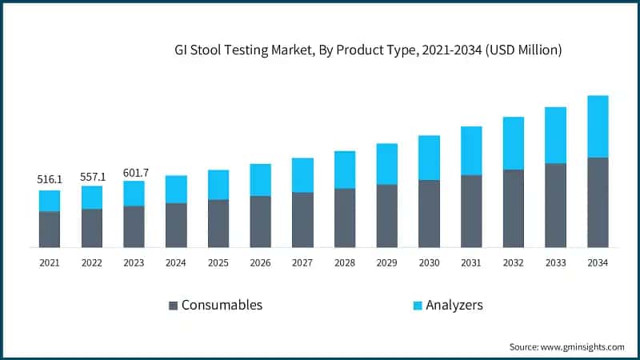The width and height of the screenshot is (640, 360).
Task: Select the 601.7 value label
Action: (134, 172)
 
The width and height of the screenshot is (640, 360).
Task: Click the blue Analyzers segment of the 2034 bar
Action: (598, 126)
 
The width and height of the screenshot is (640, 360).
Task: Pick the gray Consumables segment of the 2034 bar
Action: (598, 202)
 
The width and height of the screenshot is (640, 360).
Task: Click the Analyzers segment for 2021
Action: (50, 201)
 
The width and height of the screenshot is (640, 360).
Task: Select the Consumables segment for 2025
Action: (218, 223)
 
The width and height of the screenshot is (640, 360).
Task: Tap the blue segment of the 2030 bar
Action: (429, 158)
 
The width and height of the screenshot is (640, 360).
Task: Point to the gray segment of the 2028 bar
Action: (345, 218)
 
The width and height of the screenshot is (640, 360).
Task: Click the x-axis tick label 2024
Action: (176, 262)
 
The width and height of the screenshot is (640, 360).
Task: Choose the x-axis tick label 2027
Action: (302, 262)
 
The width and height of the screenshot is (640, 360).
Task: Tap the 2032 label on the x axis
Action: (513, 262)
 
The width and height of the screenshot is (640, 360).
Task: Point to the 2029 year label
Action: (386, 262)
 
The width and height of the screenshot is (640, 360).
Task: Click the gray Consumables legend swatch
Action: (173, 306)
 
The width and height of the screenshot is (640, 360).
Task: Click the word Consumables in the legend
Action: (222, 305)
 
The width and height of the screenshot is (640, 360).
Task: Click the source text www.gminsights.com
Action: (583, 346)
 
